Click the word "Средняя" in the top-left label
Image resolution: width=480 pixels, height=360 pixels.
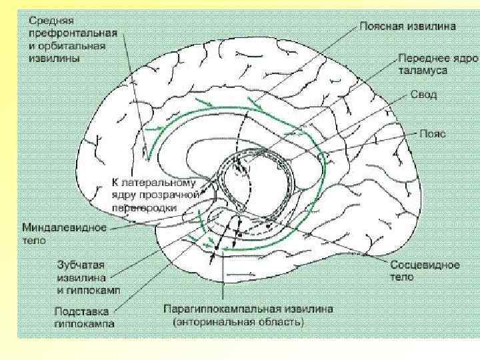[46, 20]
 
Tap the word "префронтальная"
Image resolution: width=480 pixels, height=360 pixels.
[73, 33]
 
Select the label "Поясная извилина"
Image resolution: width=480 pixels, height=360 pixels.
[408, 27]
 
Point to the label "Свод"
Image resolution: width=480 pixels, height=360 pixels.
[424, 95]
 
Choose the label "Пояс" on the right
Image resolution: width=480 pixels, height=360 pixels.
[432, 133]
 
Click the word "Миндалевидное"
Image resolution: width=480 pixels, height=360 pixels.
[65, 227]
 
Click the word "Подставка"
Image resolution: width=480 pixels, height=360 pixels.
[79, 311]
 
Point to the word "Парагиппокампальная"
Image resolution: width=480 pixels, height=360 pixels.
[219, 310]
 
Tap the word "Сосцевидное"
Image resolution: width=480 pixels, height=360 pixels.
[425, 265]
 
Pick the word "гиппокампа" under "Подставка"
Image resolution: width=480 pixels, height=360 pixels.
[84, 324]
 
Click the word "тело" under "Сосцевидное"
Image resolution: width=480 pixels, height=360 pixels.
[402, 277]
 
